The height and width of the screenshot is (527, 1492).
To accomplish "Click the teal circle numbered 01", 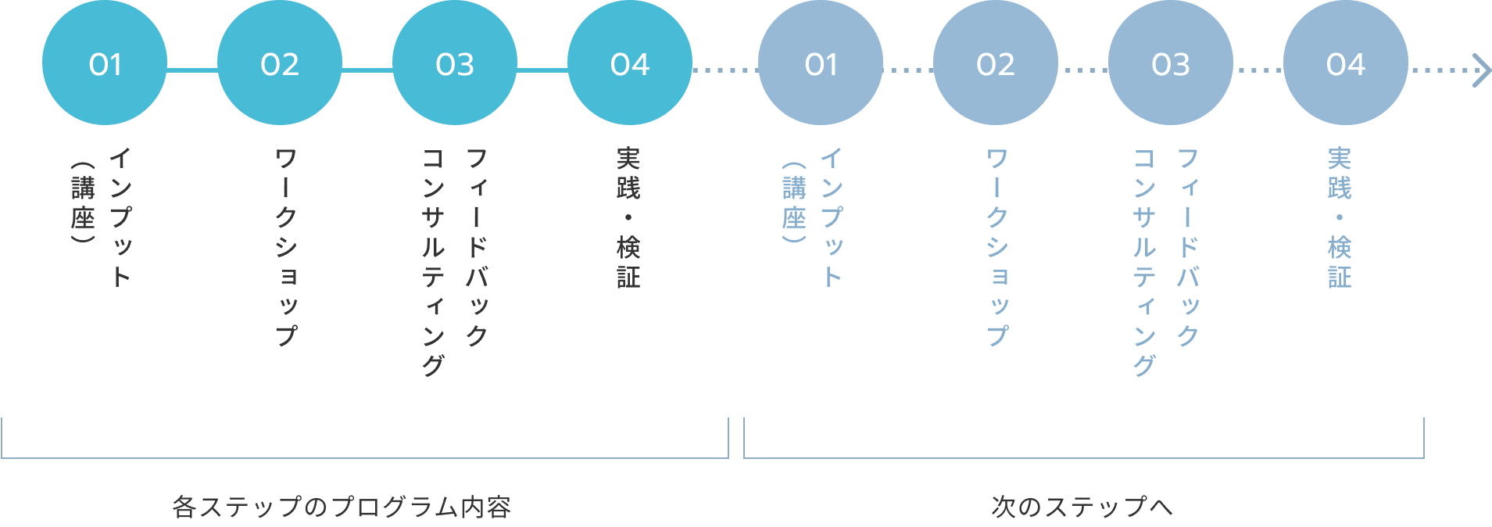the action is tap(105, 63).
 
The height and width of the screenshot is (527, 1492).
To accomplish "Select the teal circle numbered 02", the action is tap(280, 63).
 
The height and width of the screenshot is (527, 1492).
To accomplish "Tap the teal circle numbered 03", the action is tap(455, 63).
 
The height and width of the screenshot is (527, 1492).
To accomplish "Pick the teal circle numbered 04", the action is tap(630, 63).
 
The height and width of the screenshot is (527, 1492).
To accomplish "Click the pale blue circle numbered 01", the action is tap(821, 63).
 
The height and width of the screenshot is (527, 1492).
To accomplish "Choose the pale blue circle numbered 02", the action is tap(996, 63).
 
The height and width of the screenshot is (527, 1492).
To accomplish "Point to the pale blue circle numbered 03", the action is tap(1171, 63).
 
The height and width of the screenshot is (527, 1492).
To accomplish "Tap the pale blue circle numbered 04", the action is tap(1346, 63).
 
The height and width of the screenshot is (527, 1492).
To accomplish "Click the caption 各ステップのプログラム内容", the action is tap(342, 507).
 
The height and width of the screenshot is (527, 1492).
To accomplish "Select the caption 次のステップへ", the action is tap(1082, 507).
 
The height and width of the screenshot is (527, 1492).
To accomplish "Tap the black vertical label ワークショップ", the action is tap(286, 247).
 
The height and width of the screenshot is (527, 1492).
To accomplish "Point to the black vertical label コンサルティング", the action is tap(433, 262).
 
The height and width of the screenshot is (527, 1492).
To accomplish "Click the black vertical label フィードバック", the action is tap(477, 247).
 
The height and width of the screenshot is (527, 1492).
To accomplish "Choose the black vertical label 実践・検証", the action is tap(628, 218).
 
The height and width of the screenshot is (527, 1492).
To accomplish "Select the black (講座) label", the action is tap(83, 203).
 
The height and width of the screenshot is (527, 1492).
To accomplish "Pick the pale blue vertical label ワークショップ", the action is tap(997, 247).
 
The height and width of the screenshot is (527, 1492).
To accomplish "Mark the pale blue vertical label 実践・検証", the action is tap(1340, 218).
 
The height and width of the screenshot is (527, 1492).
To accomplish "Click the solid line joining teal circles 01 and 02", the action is tap(192, 70).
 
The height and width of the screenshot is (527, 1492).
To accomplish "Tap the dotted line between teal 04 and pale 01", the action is tap(725, 70).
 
